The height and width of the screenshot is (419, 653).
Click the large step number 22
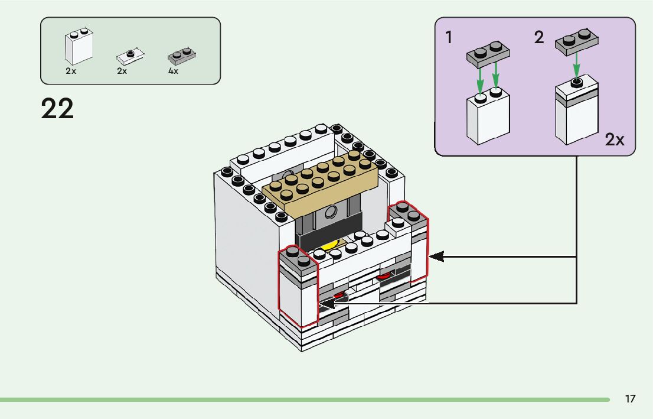(57, 109)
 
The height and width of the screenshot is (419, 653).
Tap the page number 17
(630, 399)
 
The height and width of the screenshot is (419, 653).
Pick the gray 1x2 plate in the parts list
(182, 56)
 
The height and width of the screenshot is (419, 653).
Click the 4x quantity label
(173, 71)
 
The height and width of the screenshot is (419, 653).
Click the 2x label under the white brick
(71, 71)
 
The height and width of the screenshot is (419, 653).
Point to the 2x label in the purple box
(614, 139)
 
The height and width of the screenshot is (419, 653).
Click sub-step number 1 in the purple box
(449, 38)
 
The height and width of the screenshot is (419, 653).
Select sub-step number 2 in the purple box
(538, 38)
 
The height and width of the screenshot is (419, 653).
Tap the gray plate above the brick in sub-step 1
(488, 53)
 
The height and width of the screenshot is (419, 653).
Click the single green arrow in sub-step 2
(576, 66)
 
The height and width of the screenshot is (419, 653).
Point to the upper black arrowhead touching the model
(436, 256)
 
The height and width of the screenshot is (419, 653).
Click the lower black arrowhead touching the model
(326, 304)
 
